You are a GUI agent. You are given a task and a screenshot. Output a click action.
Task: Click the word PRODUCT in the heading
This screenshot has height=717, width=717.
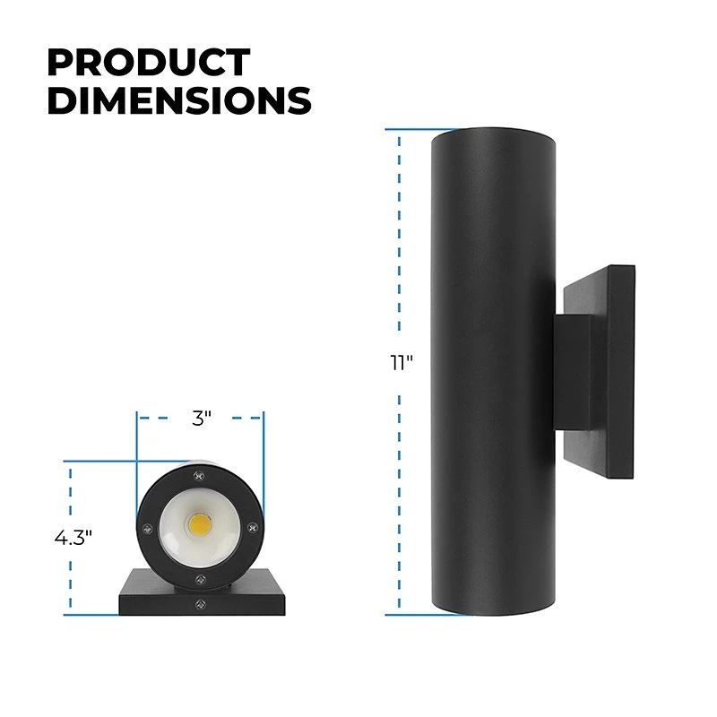pyautogui.click(x=148, y=64)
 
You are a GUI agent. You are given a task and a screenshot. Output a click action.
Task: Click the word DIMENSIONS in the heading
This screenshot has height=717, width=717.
pyautogui.click(x=178, y=100)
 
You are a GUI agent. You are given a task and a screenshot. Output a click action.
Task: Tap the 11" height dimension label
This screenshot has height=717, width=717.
pyautogui.click(x=399, y=363)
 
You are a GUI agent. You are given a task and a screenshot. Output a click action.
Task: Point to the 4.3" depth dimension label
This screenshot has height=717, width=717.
pyautogui.click(x=73, y=538)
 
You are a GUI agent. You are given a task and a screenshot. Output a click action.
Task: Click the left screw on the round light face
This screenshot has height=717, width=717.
pyautogui.click(x=146, y=525)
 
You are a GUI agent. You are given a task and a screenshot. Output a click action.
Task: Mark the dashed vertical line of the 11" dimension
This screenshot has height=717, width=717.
pyautogui.click(x=399, y=251)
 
